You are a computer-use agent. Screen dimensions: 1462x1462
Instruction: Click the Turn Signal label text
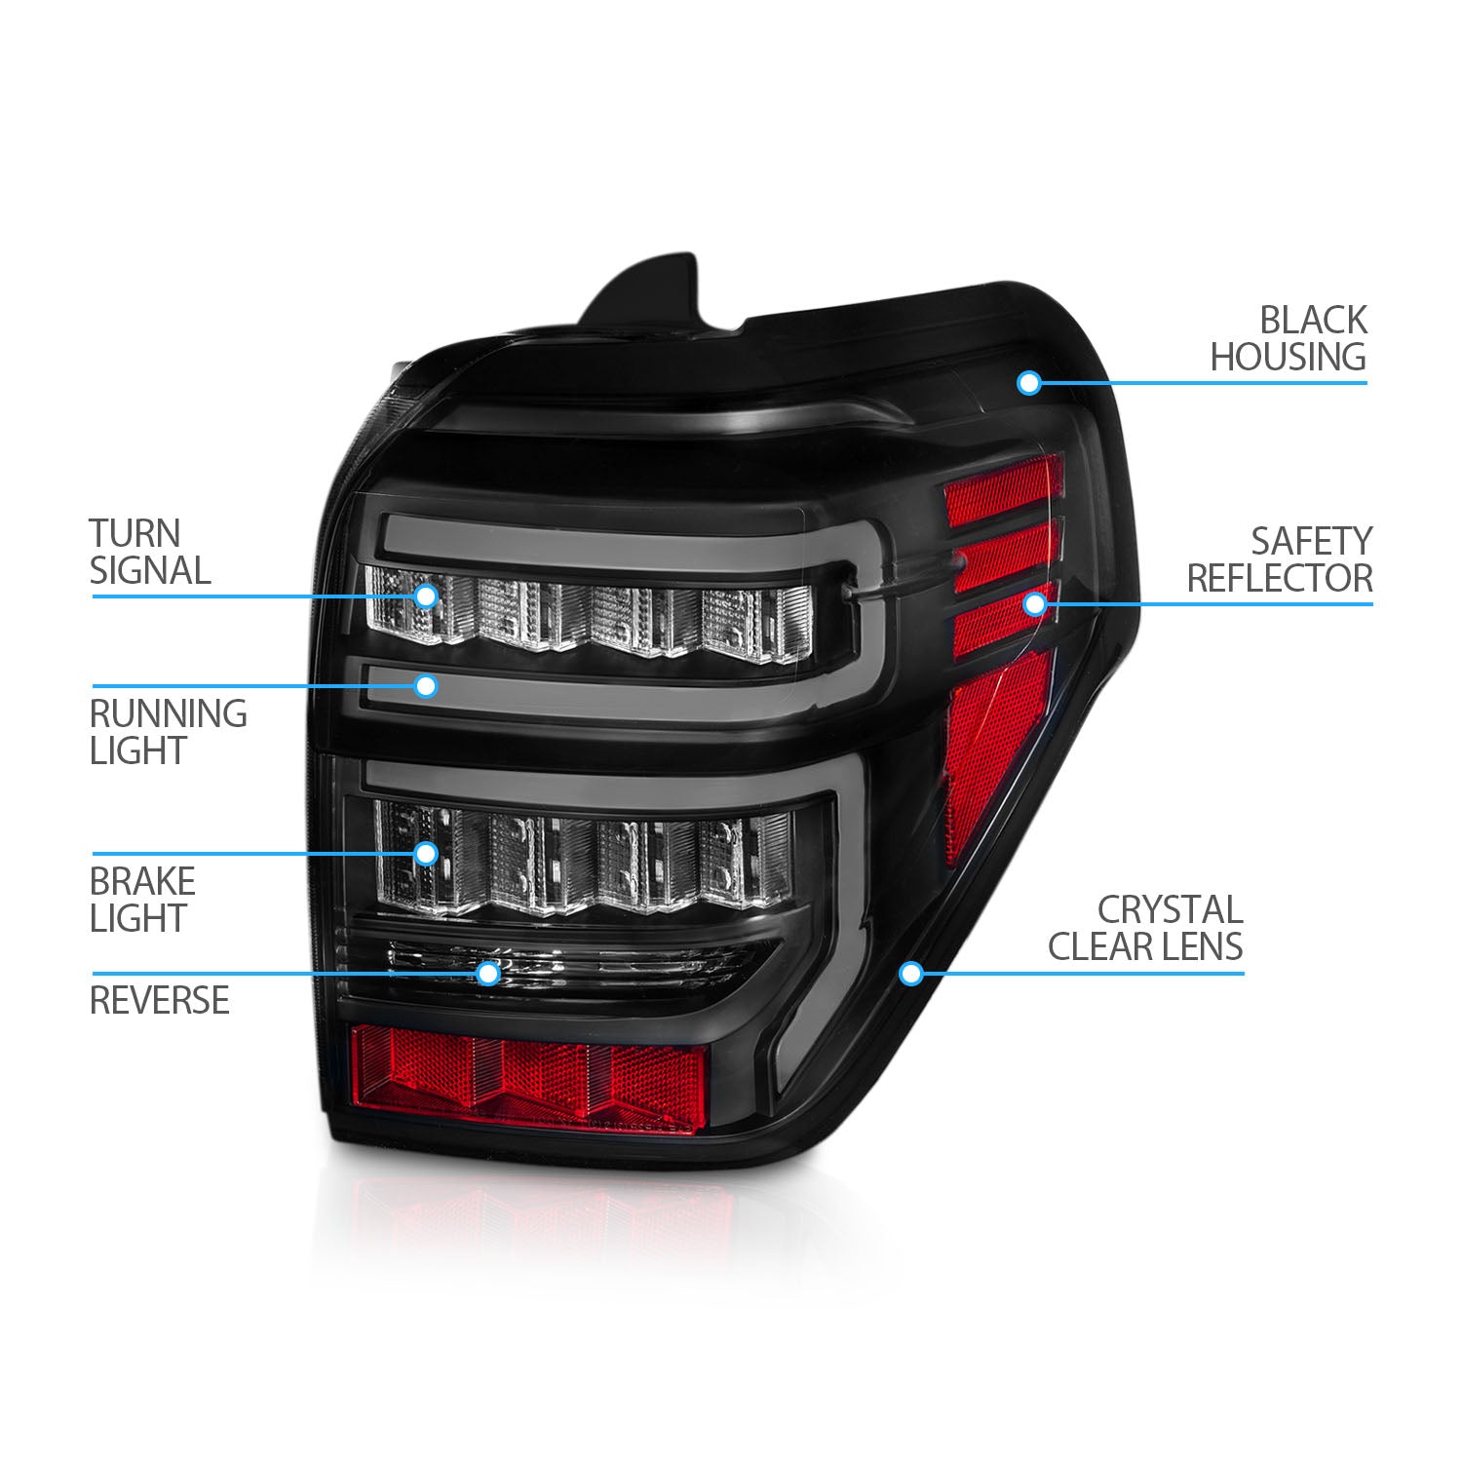150,552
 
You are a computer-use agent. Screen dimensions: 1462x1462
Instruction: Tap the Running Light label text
169,732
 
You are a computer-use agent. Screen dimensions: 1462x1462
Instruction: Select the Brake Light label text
143,900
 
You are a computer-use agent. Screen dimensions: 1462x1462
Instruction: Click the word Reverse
160,1000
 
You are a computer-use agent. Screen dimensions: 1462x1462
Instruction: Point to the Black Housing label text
1289,338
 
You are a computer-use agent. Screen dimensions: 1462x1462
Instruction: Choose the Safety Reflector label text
1280,559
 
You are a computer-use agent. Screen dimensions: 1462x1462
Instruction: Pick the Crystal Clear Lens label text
1145,928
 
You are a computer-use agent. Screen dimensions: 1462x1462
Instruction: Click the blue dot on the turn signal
426,596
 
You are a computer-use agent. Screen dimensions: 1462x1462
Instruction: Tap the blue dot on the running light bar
426,686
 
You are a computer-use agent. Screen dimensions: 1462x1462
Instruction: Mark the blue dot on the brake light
426,854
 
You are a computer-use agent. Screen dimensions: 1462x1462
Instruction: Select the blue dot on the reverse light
488,972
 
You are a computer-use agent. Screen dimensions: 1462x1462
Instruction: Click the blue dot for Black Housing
1028,383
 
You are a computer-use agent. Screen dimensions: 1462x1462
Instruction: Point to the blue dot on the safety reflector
1035,604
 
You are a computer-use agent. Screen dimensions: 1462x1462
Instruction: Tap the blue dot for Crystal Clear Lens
911,973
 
